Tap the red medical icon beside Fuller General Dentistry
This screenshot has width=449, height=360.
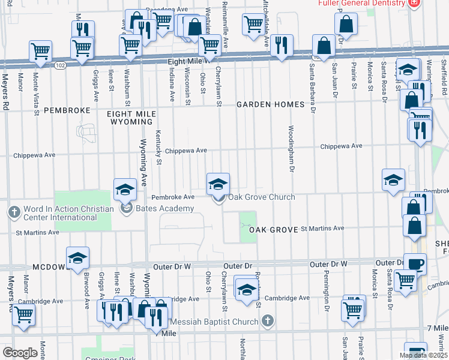[414, 3]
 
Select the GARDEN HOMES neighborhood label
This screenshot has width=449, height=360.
[270, 104]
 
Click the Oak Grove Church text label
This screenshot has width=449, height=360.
[261, 197]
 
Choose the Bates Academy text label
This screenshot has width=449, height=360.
[164, 209]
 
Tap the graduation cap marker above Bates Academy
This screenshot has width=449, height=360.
[125, 190]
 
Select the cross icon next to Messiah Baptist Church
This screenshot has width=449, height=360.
[268, 322]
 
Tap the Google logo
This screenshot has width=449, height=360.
[20, 353]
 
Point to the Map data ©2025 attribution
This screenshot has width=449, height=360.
[423, 355]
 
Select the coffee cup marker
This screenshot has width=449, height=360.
[414, 264]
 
